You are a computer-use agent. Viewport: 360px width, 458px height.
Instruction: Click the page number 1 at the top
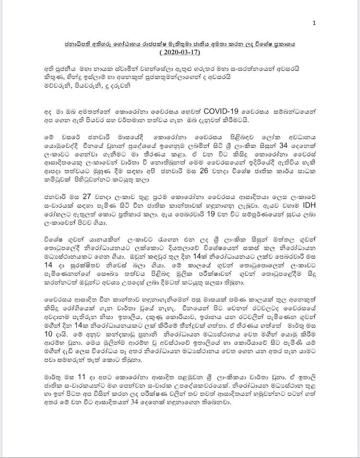(314, 23)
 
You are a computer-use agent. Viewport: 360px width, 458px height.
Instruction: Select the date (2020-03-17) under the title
(180, 51)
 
